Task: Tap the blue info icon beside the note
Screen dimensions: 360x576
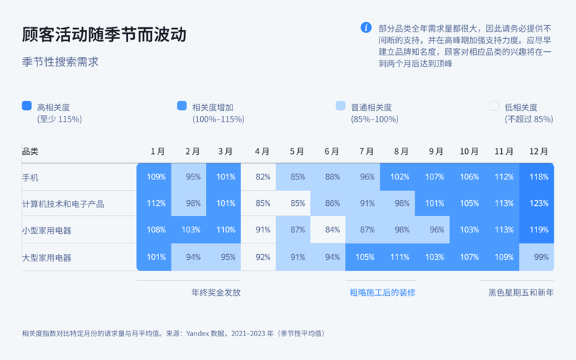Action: [366, 27]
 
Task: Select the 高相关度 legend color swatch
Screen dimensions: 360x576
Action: [27, 106]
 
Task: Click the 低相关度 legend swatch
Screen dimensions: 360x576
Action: [495, 106]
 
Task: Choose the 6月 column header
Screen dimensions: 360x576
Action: [332, 152]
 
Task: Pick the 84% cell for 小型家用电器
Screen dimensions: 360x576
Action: [332, 230]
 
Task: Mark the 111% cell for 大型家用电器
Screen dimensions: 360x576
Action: [401, 257]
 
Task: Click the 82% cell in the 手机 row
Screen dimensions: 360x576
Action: [263, 177]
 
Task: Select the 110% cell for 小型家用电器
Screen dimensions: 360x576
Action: [225, 230]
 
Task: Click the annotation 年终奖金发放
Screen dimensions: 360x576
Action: [215, 293]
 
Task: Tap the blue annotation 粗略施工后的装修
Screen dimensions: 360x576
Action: [382, 293]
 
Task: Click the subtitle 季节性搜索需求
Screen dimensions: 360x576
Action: [60, 63]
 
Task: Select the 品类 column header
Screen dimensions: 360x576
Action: [30, 152]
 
